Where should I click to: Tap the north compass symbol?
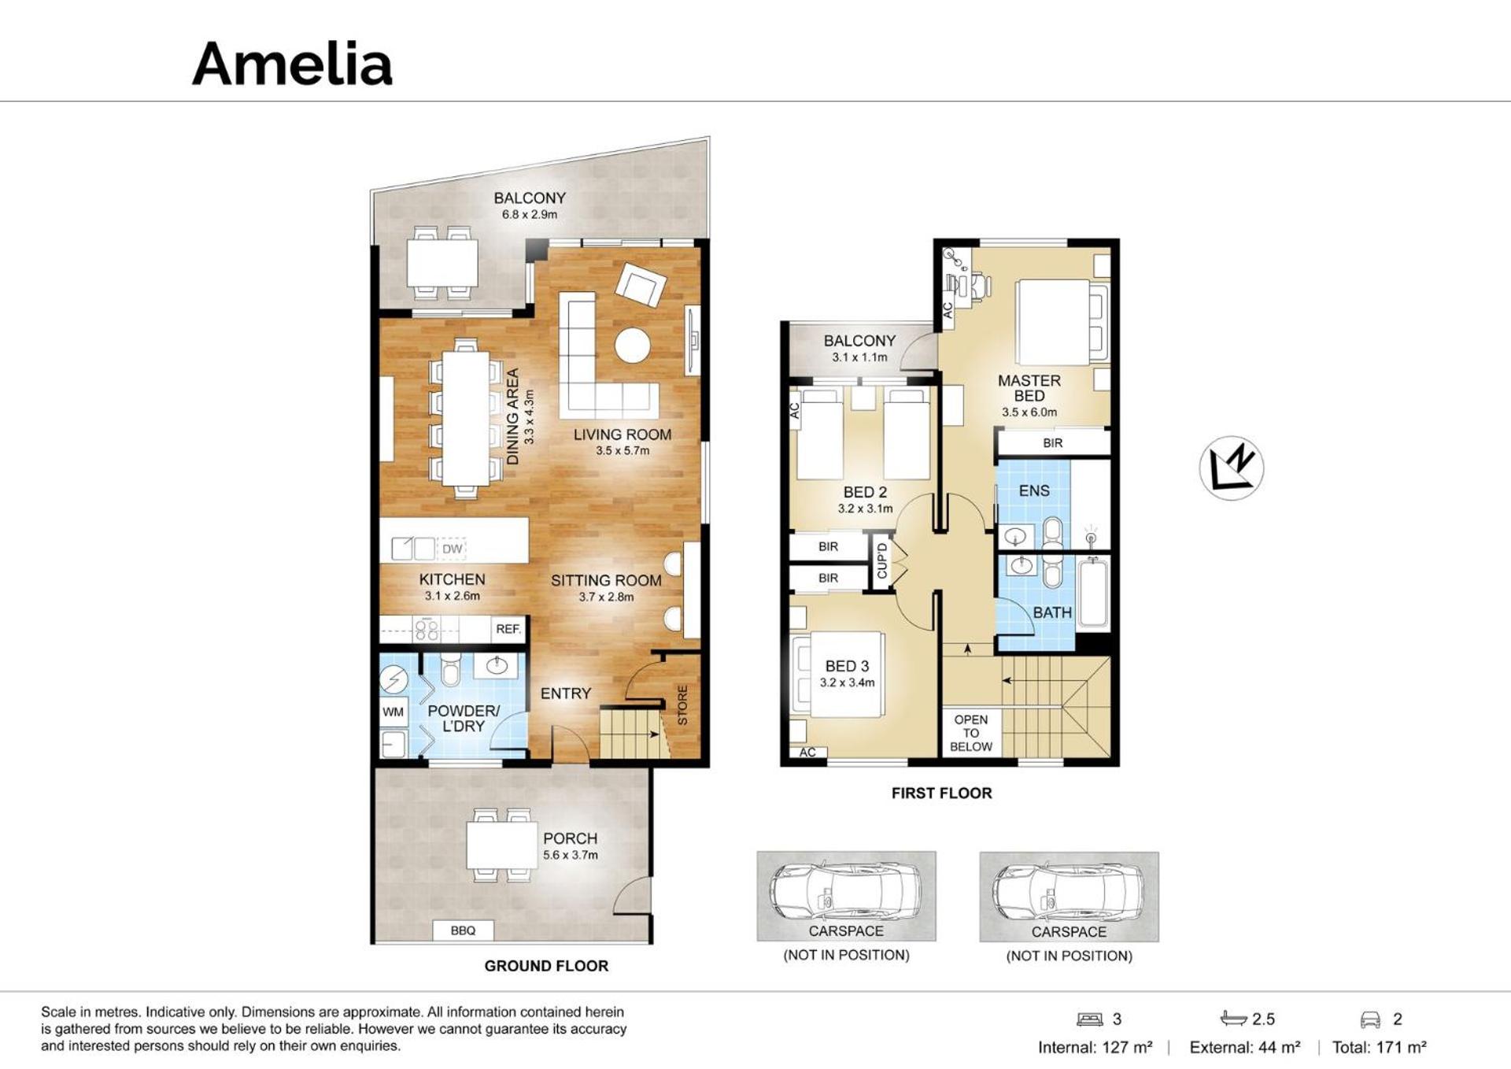click(x=1232, y=468)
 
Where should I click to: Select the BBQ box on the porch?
click(x=463, y=930)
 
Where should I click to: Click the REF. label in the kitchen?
click(x=508, y=629)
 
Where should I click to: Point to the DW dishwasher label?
click(x=452, y=549)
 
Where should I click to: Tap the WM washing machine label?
click(x=393, y=712)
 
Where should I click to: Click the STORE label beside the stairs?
click(x=682, y=705)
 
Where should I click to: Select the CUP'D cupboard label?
click(x=881, y=560)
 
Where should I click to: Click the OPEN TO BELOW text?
click(x=971, y=733)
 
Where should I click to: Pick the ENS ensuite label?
click(x=1034, y=490)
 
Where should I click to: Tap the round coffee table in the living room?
click(x=633, y=345)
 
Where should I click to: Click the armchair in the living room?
click(x=641, y=284)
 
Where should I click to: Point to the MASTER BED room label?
click(x=1029, y=388)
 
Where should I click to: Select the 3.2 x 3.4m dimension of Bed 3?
click(x=847, y=682)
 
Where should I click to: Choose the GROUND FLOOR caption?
click(x=546, y=966)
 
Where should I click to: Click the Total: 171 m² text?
click(x=1379, y=1048)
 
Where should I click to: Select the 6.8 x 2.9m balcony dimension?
click(x=530, y=214)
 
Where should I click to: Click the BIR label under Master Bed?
click(x=1053, y=443)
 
